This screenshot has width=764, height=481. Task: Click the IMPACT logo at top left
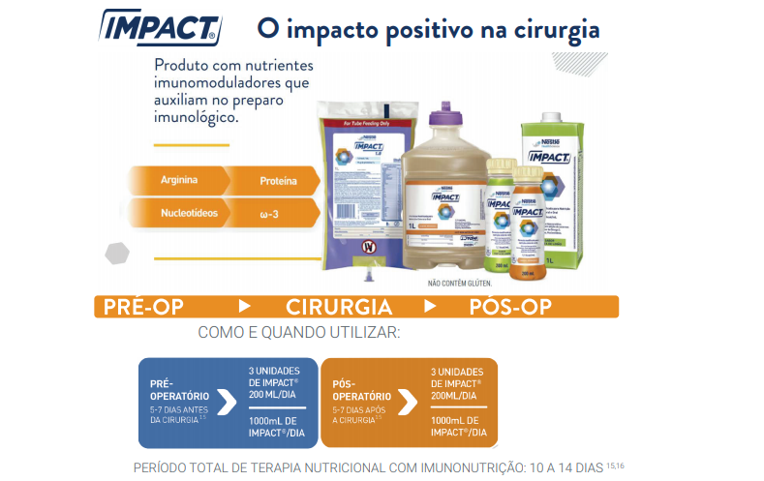(x=160, y=28)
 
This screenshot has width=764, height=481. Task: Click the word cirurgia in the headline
(x=549, y=29)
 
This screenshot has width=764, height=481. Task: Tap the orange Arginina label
(x=172, y=180)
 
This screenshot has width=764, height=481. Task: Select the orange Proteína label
(x=278, y=180)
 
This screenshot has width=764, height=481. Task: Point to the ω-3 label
(x=271, y=212)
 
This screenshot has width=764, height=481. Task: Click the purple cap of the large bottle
(x=443, y=114)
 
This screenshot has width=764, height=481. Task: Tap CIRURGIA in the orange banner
(x=339, y=307)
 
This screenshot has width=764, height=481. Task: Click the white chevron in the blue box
(x=226, y=402)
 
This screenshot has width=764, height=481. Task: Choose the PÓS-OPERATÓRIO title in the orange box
(x=361, y=390)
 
